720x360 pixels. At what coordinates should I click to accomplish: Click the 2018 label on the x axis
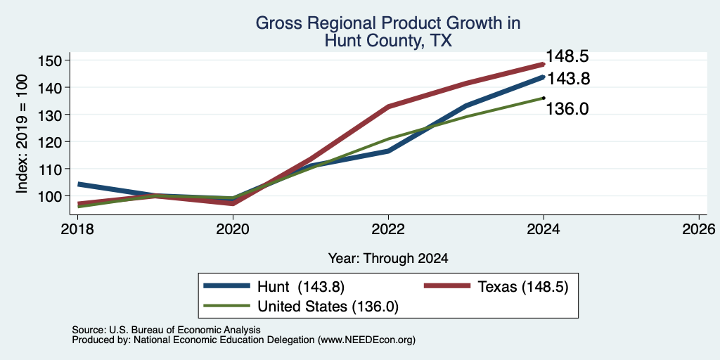(x=77, y=229)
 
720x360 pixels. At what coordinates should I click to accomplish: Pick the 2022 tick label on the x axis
(x=388, y=229)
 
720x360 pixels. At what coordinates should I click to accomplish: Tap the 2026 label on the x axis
(x=699, y=229)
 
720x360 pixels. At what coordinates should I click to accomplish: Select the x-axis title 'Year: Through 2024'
(x=388, y=259)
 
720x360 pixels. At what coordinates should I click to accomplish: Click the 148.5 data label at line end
(x=567, y=56)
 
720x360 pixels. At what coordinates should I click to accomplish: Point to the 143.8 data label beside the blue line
(x=568, y=79)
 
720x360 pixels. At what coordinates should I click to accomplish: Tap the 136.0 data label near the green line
(x=567, y=109)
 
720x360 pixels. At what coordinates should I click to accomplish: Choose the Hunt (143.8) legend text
(x=301, y=287)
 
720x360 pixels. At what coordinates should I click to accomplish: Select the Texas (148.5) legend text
(x=523, y=287)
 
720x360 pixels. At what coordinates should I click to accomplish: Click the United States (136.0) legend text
(x=328, y=307)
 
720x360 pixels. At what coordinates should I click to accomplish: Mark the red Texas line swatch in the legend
(x=446, y=286)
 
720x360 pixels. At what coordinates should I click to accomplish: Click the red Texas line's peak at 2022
(x=388, y=107)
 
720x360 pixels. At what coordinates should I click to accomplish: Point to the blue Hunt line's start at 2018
(x=79, y=184)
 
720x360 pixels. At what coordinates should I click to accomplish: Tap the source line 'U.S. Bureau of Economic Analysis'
(x=185, y=330)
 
